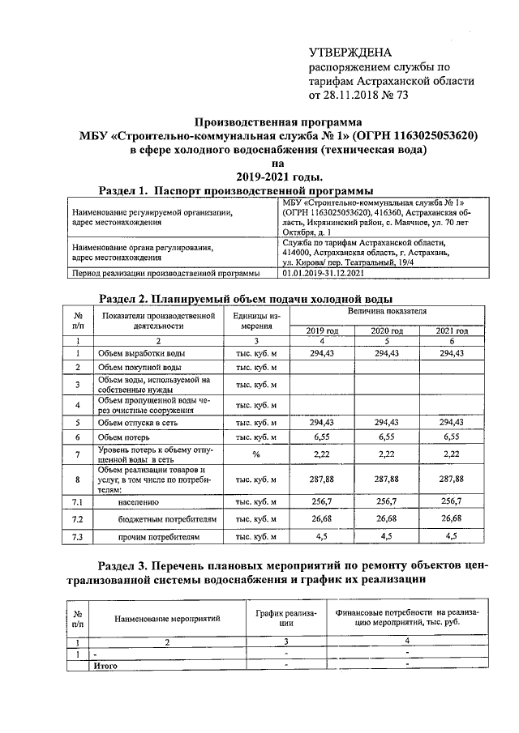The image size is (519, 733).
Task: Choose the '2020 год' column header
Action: pyautogui.click(x=386, y=330)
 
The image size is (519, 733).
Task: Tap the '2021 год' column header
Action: pyautogui.click(x=451, y=330)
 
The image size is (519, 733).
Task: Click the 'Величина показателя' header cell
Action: pyautogui.click(x=387, y=311)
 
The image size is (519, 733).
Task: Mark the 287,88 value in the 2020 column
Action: pyautogui.click(x=386, y=479)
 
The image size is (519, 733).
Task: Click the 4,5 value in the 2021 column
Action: pyautogui.click(x=451, y=535)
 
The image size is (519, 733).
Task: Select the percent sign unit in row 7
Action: pyautogui.click(x=255, y=454)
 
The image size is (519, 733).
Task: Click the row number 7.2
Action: pyautogui.click(x=78, y=518)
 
